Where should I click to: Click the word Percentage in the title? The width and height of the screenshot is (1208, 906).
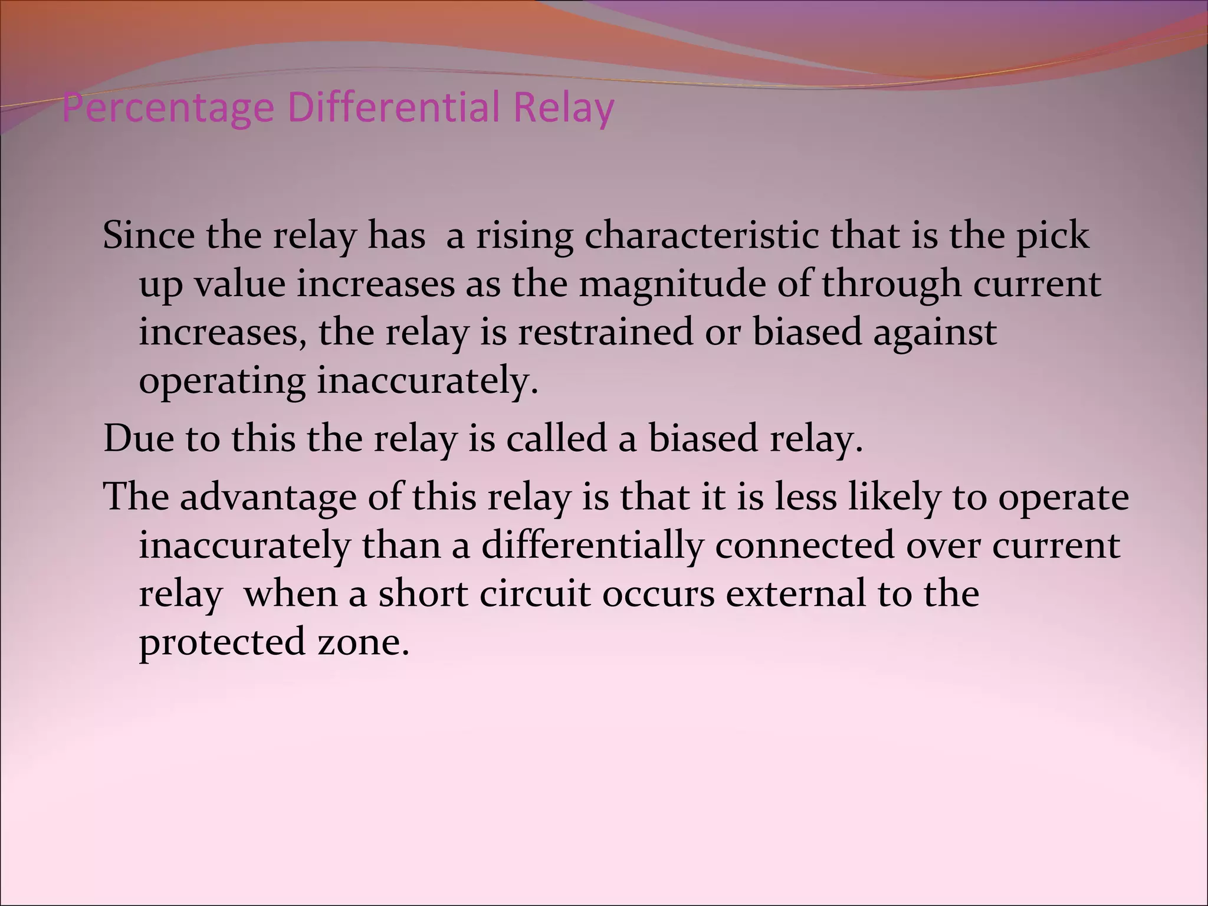[168, 109]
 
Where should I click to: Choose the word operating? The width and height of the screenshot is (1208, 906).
[222, 382]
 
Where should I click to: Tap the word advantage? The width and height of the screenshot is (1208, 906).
[268, 497]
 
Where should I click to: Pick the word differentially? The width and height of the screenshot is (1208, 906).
[592, 546]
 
